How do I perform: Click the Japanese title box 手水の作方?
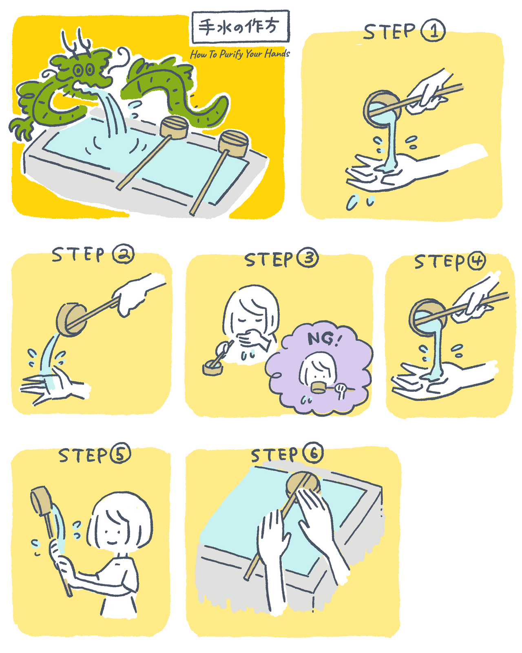pyautogui.click(x=240, y=27)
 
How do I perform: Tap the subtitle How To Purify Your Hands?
pyautogui.click(x=240, y=54)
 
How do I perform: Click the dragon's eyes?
pyautogui.click(x=84, y=70)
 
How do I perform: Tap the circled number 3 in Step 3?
pyautogui.click(x=307, y=258)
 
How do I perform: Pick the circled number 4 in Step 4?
pyautogui.click(x=476, y=260)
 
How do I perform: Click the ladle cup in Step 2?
pyautogui.click(x=72, y=320)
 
